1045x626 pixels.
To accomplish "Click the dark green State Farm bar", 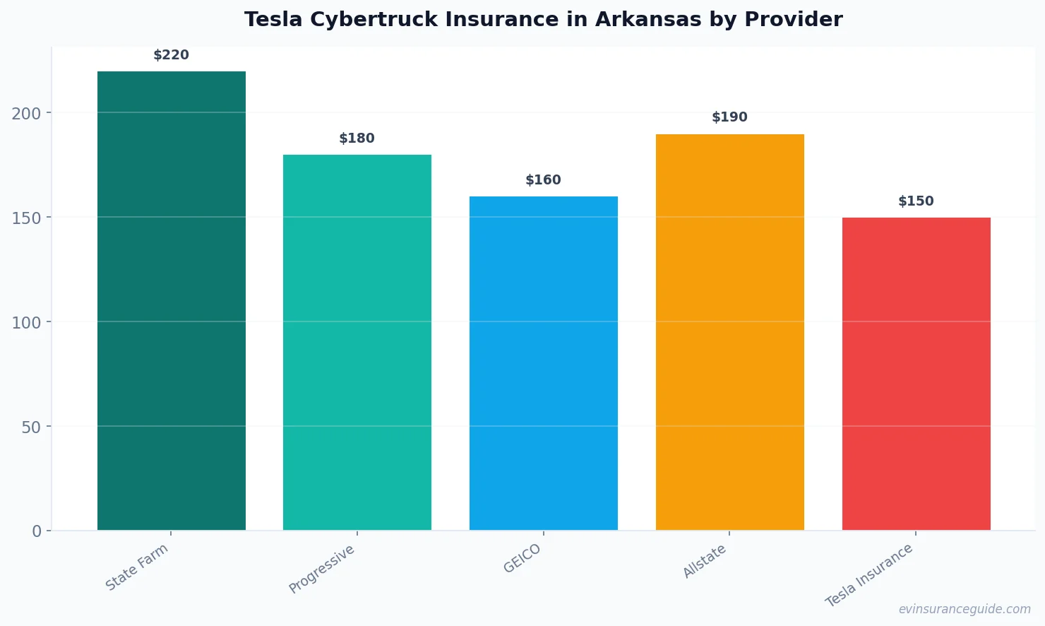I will [172, 300].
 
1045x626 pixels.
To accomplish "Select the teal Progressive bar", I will [357, 342].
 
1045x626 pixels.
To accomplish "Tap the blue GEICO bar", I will [544, 363].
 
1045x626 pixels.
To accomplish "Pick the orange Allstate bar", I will [729, 332].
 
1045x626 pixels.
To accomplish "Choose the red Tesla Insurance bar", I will [916, 374].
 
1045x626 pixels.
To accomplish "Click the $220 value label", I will [172, 55].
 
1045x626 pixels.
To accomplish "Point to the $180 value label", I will [357, 138].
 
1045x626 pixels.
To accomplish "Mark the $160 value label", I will [544, 180].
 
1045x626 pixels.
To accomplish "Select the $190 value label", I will [729, 117].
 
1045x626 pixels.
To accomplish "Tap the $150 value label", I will [916, 201].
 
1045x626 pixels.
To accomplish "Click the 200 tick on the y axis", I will [26, 113].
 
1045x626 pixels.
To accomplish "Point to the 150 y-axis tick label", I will [26, 218].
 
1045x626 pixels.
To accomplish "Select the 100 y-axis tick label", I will [26, 322].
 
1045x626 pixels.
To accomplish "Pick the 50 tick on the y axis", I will [31, 427].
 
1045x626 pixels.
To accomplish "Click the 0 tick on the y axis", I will [37, 531].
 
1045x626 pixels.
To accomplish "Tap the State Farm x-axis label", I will [137, 567].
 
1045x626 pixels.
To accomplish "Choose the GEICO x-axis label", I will [522, 558].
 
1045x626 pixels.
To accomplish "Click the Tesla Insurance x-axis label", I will [869, 575].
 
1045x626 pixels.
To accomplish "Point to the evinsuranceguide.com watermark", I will [965, 609].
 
